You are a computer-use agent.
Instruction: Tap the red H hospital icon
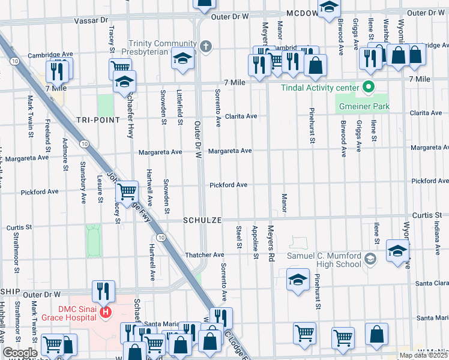[x=106, y=312]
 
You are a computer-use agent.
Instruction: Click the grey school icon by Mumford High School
[x=370, y=259]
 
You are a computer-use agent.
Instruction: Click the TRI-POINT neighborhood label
[x=95, y=120]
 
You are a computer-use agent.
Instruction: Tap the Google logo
[x=20, y=353]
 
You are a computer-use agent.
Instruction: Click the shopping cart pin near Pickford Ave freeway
[x=127, y=193]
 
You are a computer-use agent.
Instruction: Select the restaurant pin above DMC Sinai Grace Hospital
[x=103, y=292]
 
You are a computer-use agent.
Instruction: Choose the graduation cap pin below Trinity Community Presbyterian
[x=182, y=59]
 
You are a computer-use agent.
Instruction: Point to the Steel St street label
[x=239, y=237]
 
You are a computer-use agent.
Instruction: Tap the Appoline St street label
[x=256, y=242]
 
